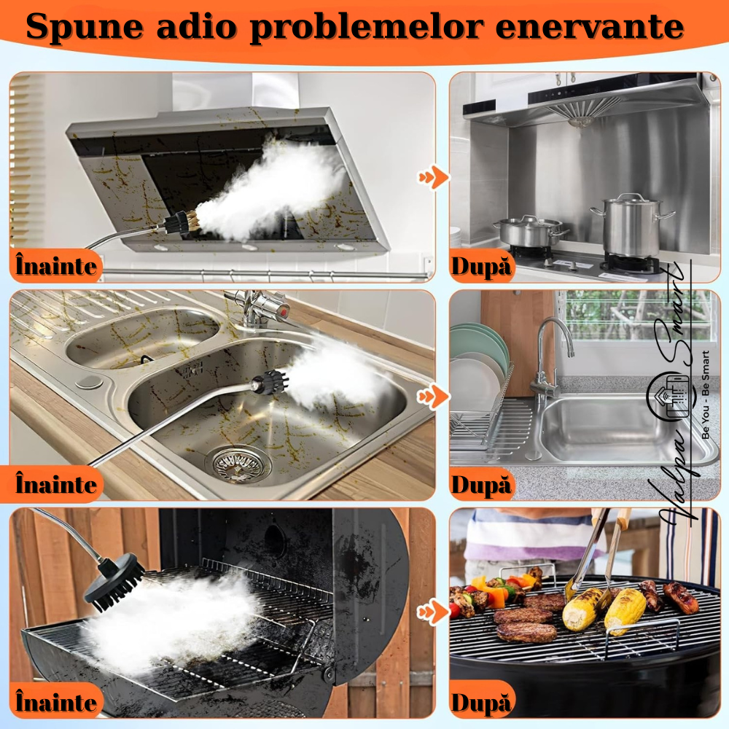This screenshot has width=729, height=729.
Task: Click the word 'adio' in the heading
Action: [x=197, y=26]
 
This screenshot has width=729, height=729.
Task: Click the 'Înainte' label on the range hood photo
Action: [x=56, y=266]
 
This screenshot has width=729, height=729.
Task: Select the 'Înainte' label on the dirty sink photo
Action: [x=56, y=484]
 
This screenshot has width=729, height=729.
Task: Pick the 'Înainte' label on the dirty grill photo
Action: [x=56, y=702]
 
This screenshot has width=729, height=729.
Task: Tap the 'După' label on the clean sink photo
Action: [x=481, y=485]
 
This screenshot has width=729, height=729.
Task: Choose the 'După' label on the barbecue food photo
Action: [x=481, y=703]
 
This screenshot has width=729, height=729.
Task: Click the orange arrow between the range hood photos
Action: [x=434, y=177]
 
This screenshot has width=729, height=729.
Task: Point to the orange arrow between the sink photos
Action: [x=434, y=397]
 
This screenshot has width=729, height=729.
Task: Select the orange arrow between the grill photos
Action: [x=434, y=612]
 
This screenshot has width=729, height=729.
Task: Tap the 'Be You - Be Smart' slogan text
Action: [x=705, y=394]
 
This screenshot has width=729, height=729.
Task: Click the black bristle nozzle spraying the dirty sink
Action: [x=270, y=383]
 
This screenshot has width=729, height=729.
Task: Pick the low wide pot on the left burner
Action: [x=530, y=231]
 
